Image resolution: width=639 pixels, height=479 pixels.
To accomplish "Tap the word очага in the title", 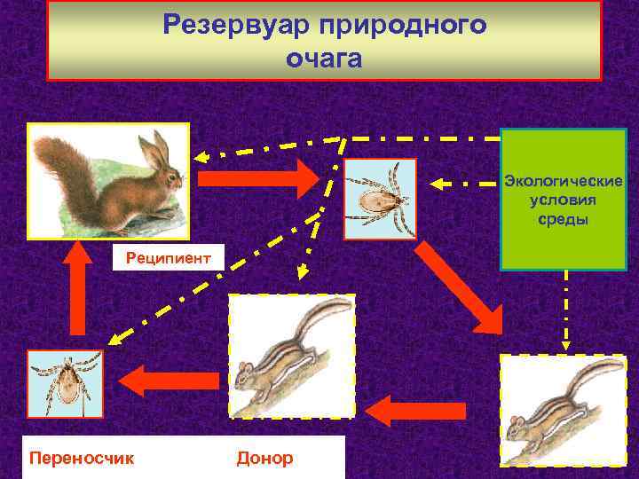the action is click(x=324, y=59).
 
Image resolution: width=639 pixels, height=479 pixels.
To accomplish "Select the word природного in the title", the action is click(x=414, y=25).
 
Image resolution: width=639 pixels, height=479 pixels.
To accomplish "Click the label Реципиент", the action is click(x=169, y=258).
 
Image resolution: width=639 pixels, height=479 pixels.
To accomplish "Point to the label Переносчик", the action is click(x=82, y=458).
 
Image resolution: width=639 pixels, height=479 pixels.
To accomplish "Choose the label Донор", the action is click(x=264, y=458).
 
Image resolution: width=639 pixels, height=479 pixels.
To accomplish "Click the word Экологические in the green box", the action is click(x=564, y=181).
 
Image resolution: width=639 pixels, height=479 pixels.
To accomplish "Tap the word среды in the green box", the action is click(x=564, y=218).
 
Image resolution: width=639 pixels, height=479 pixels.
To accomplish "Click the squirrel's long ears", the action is click(x=157, y=150).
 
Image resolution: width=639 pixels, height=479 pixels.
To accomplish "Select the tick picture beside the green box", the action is click(x=380, y=199).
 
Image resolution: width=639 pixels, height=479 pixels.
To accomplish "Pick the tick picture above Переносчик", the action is click(x=65, y=384).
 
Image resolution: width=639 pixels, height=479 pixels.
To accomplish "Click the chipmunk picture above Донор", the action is click(x=291, y=355).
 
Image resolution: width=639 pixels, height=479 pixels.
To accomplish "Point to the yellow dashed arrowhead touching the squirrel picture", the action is click(x=201, y=158).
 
